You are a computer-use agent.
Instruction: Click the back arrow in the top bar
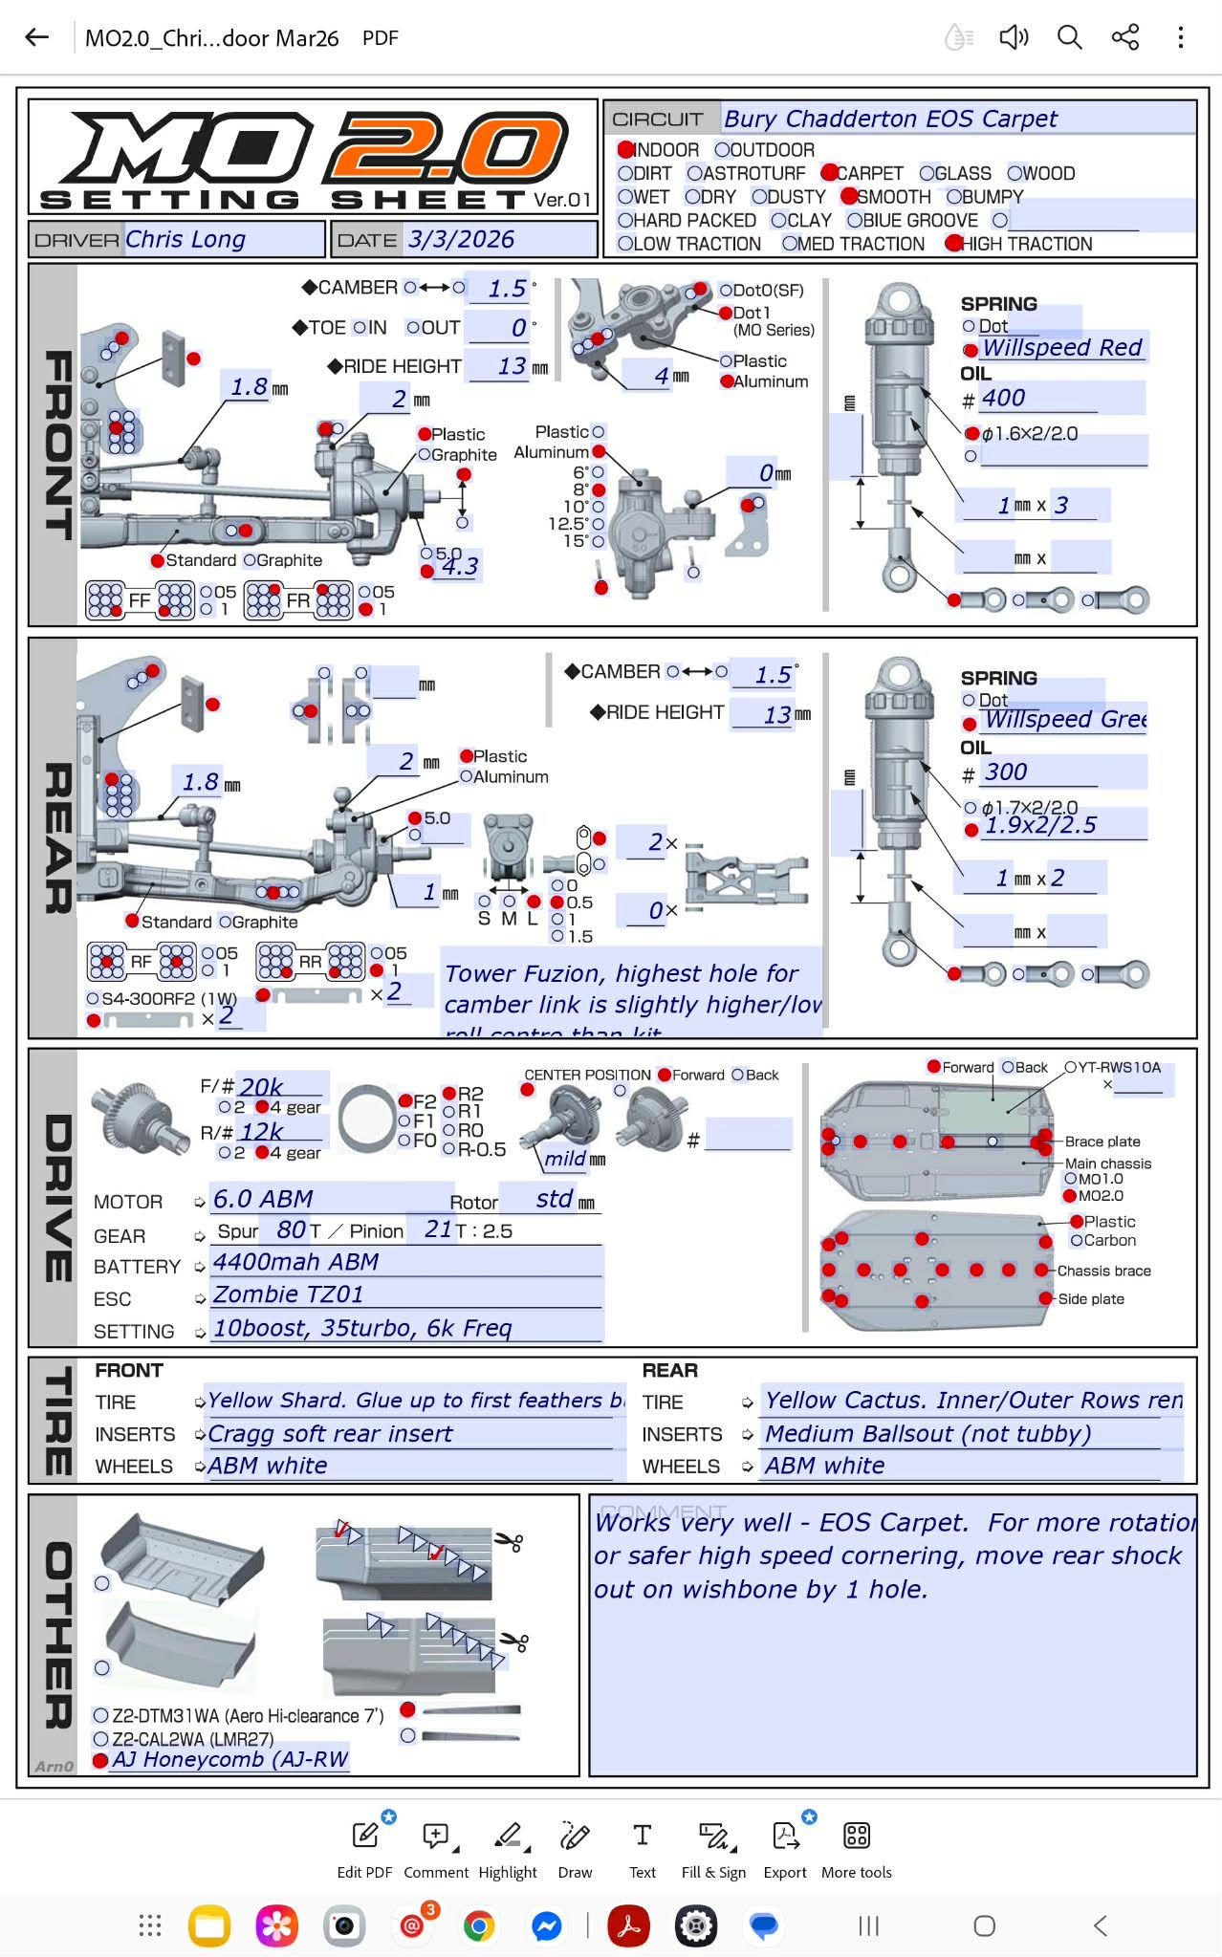pos(37,37)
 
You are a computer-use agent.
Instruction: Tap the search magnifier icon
pos(1069,37)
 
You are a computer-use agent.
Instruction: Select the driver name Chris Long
pos(185,239)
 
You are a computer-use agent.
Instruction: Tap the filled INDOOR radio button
pos(626,150)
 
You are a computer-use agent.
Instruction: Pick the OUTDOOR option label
pos(773,150)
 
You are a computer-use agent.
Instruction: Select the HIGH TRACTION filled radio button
pos(953,244)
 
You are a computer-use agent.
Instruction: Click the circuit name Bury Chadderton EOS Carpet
pos(890,119)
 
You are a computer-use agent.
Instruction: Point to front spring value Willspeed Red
pos(1062,347)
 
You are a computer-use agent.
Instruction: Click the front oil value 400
pos(1003,398)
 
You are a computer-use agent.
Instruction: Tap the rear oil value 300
pos(1006,772)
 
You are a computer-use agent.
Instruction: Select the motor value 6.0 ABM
pos(263,1199)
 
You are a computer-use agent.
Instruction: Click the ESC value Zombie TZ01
pos(288,1294)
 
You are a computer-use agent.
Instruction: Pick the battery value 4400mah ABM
pos(295,1262)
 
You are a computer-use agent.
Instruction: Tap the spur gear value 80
pos(292,1229)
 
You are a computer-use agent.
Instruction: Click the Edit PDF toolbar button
pos(364,1847)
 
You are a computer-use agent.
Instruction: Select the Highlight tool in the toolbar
pos(508,1847)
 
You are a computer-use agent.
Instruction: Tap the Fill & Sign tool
pos(713,1847)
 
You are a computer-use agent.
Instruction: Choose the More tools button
pos(856,1847)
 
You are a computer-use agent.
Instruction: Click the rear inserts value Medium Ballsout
pos(927,1434)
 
